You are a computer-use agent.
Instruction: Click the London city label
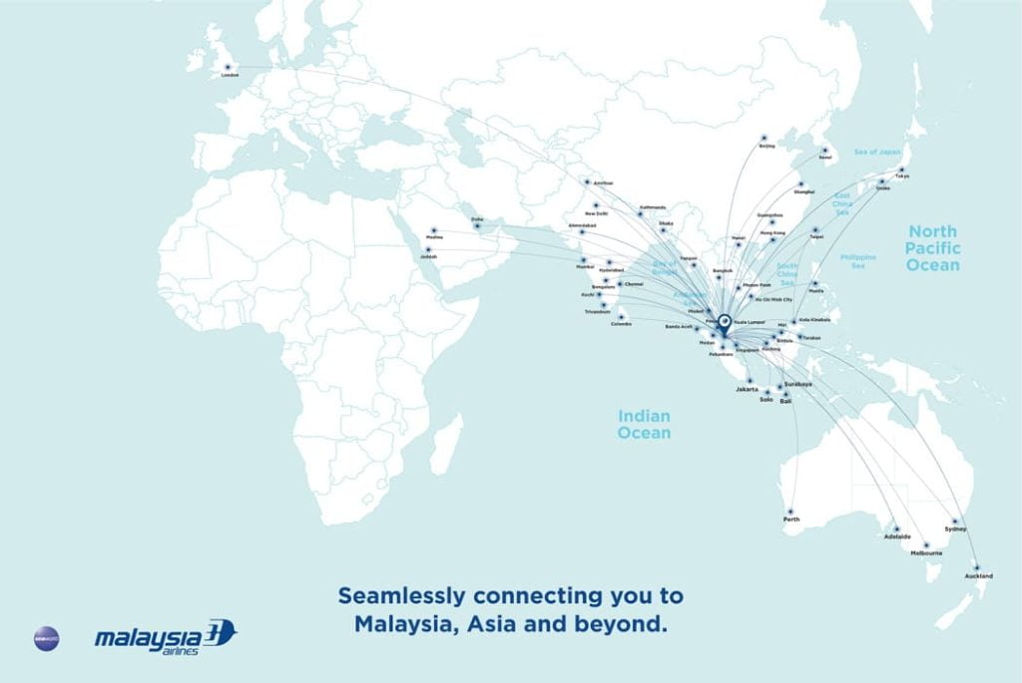click(230, 75)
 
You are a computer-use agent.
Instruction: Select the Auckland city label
click(979, 576)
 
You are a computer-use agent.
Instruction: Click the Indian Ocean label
click(644, 425)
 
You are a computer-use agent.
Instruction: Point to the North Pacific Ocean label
click(933, 247)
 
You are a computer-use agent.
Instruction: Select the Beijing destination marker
click(765, 138)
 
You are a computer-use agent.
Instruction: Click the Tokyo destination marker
click(902, 171)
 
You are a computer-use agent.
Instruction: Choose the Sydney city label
click(955, 529)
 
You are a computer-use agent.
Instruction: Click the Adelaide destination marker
click(896, 528)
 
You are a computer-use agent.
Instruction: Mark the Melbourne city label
click(926, 552)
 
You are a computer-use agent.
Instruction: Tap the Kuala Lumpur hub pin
click(724, 321)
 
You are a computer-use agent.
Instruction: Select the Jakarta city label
click(748, 389)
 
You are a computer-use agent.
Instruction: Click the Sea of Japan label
click(878, 152)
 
